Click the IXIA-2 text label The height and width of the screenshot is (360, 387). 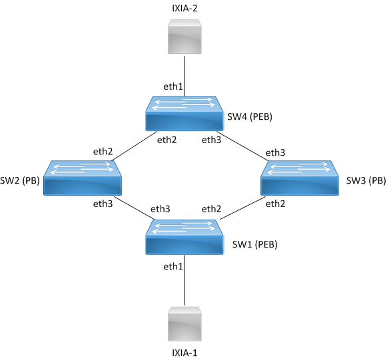click(x=185, y=8)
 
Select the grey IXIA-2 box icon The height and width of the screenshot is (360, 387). click(x=185, y=37)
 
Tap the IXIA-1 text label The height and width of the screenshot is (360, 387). click(x=185, y=353)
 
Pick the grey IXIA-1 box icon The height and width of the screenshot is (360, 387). click(x=185, y=324)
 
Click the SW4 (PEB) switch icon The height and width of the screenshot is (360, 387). click(x=185, y=113)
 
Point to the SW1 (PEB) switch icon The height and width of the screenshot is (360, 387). click(x=185, y=237)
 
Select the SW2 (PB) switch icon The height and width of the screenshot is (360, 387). click(x=83, y=178)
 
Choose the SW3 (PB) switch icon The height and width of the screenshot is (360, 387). click(x=300, y=178)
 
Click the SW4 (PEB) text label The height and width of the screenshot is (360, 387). click(x=250, y=116)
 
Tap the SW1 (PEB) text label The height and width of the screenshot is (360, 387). click(x=254, y=244)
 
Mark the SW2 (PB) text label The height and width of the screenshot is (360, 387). click(x=20, y=181)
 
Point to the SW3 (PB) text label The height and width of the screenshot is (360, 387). click(x=366, y=181)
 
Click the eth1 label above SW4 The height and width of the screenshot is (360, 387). click(x=173, y=87)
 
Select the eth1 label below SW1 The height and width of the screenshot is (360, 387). click(x=173, y=266)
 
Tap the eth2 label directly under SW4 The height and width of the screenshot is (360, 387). click(x=167, y=140)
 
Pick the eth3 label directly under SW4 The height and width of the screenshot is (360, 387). click(x=212, y=140)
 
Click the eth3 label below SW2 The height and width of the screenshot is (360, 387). click(x=103, y=204)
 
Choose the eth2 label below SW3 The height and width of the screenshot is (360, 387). click(x=276, y=204)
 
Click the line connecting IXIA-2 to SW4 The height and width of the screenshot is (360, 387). click(x=185, y=76)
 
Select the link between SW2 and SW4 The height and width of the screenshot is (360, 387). click(x=135, y=146)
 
